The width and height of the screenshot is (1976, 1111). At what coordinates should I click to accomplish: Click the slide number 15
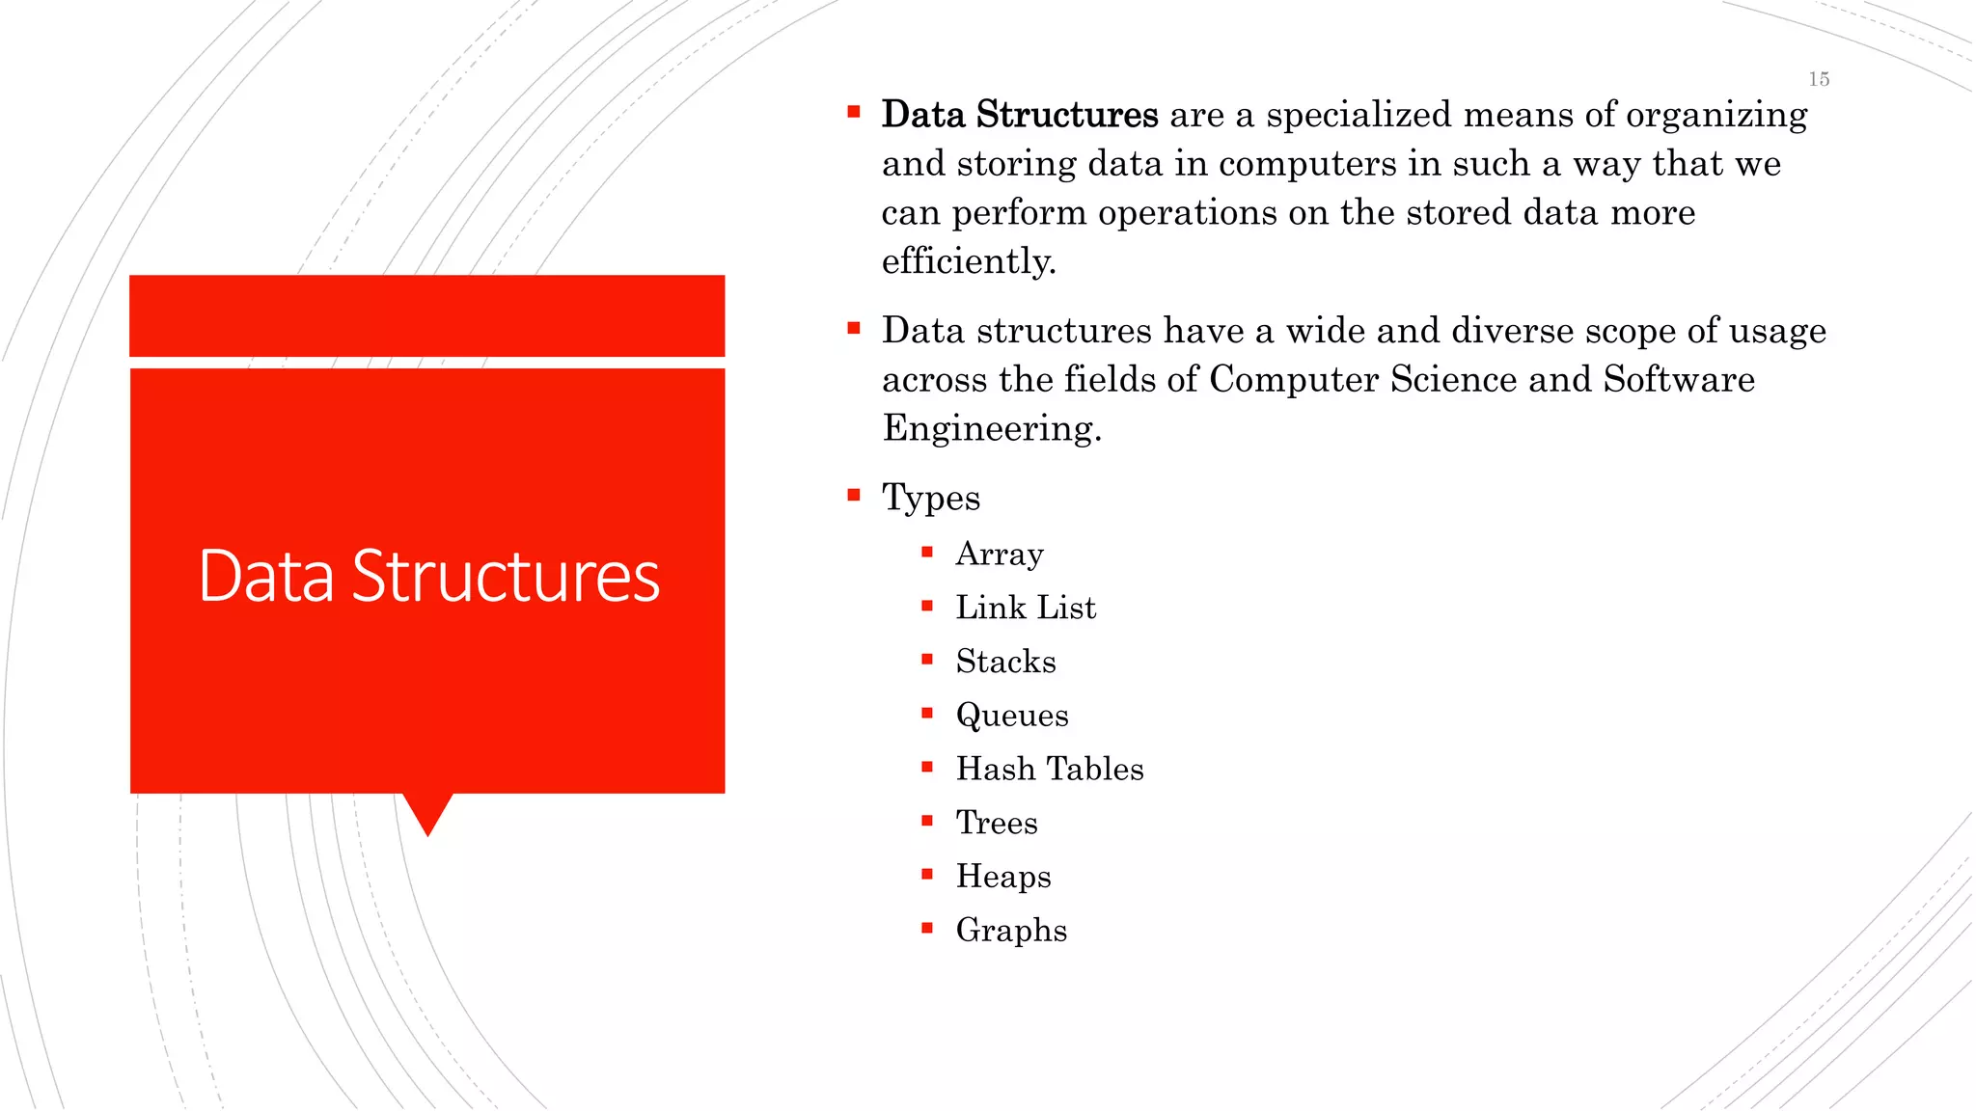click(1819, 79)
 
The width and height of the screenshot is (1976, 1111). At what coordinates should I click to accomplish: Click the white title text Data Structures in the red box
click(428, 576)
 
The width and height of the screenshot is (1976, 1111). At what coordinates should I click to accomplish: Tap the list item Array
click(1000, 554)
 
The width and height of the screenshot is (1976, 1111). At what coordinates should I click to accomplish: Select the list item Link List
click(1026, 608)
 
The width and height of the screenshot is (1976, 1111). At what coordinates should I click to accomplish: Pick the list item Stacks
click(1005, 662)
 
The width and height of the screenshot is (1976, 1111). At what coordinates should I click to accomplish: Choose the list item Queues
click(1012, 716)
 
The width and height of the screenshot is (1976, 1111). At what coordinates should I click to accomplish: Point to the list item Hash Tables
click(1050, 769)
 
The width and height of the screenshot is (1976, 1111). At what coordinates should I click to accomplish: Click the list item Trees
click(997, 823)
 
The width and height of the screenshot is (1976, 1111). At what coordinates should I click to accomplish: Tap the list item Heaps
click(1003, 877)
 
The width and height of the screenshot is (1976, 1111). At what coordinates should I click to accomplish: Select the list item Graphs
click(1011, 931)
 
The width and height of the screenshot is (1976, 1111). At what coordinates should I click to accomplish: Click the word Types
click(931, 498)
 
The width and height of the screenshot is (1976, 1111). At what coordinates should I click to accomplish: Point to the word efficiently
click(969, 261)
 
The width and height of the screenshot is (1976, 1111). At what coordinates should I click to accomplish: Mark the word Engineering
click(992, 428)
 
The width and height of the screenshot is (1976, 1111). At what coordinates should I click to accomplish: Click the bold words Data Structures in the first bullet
click(1020, 115)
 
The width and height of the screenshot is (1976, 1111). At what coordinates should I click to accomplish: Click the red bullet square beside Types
click(854, 496)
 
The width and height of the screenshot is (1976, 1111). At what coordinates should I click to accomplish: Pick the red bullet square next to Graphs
click(927, 929)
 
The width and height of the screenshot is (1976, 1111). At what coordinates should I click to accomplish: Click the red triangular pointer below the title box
click(427, 812)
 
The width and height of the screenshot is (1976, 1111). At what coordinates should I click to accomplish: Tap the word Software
click(1679, 379)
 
